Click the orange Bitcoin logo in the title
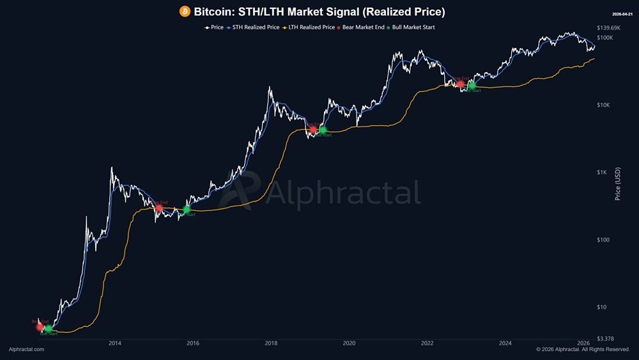pos(185,12)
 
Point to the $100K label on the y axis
pos(604,38)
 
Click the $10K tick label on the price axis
pos(604,105)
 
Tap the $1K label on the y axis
pos(602,173)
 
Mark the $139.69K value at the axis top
pos(608,28)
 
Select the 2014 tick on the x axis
pos(115,344)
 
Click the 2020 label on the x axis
pos(349,344)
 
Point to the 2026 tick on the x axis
pos(583,344)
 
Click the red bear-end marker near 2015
pos(159,208)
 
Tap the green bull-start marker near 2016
pos(187,210)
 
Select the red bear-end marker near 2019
pos(313,130)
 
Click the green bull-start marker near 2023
pos(472,86)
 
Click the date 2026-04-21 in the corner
pos(621,13)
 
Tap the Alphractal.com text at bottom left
pos(26,350)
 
